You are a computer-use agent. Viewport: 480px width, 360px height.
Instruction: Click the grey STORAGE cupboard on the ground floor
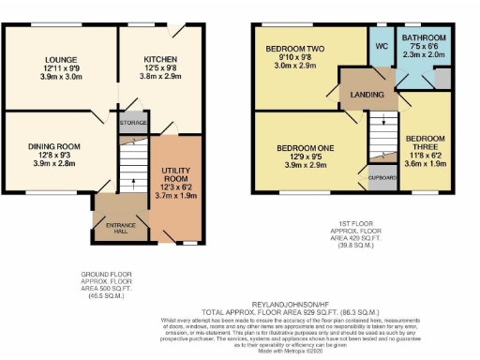(132, 122)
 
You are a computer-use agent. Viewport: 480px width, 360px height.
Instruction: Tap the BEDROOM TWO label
(295, 47)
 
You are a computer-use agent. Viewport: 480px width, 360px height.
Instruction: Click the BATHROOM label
(424, 38)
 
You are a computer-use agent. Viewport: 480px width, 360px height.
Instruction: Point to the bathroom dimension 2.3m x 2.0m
(424, 55)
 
